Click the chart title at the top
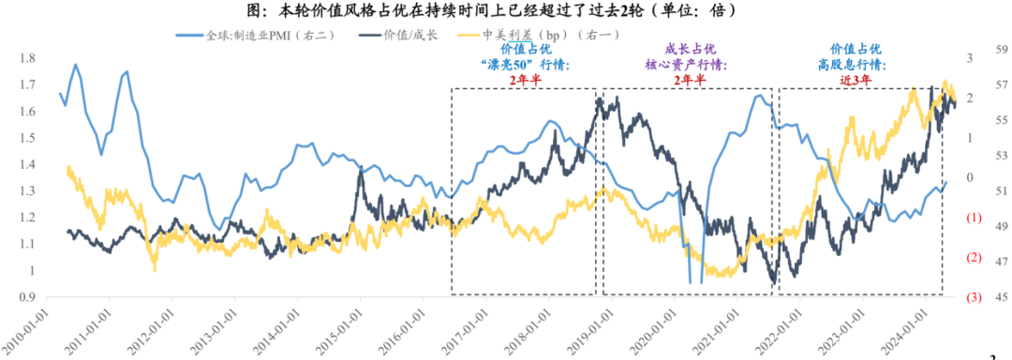[507, 10]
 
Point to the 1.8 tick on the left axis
[28, 58]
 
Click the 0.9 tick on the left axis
[28, 297]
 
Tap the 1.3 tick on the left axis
[28, 191]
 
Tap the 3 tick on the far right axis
[974, 58]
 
